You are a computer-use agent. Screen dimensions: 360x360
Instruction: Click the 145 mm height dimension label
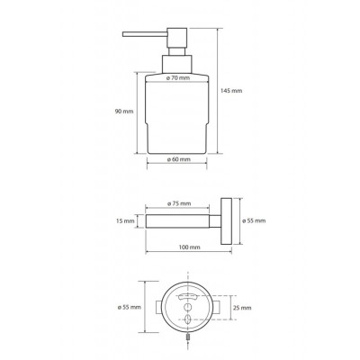[x=231, y=91]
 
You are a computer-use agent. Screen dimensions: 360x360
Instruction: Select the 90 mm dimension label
[x=124, y=112]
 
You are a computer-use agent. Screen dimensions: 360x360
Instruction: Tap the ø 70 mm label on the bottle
[x=178, y=78]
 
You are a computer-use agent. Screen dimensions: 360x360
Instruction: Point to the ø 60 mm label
[x=179, y=159]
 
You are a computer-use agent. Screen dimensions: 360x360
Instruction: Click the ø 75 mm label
[x=179, y=203]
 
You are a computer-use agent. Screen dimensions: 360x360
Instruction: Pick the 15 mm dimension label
[x=125, y=221]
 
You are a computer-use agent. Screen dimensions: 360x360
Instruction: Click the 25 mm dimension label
[x=242, y=308]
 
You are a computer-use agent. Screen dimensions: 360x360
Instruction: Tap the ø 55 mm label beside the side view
[x=254, y=220]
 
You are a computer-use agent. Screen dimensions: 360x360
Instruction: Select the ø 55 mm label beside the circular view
[x=130, y=307]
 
